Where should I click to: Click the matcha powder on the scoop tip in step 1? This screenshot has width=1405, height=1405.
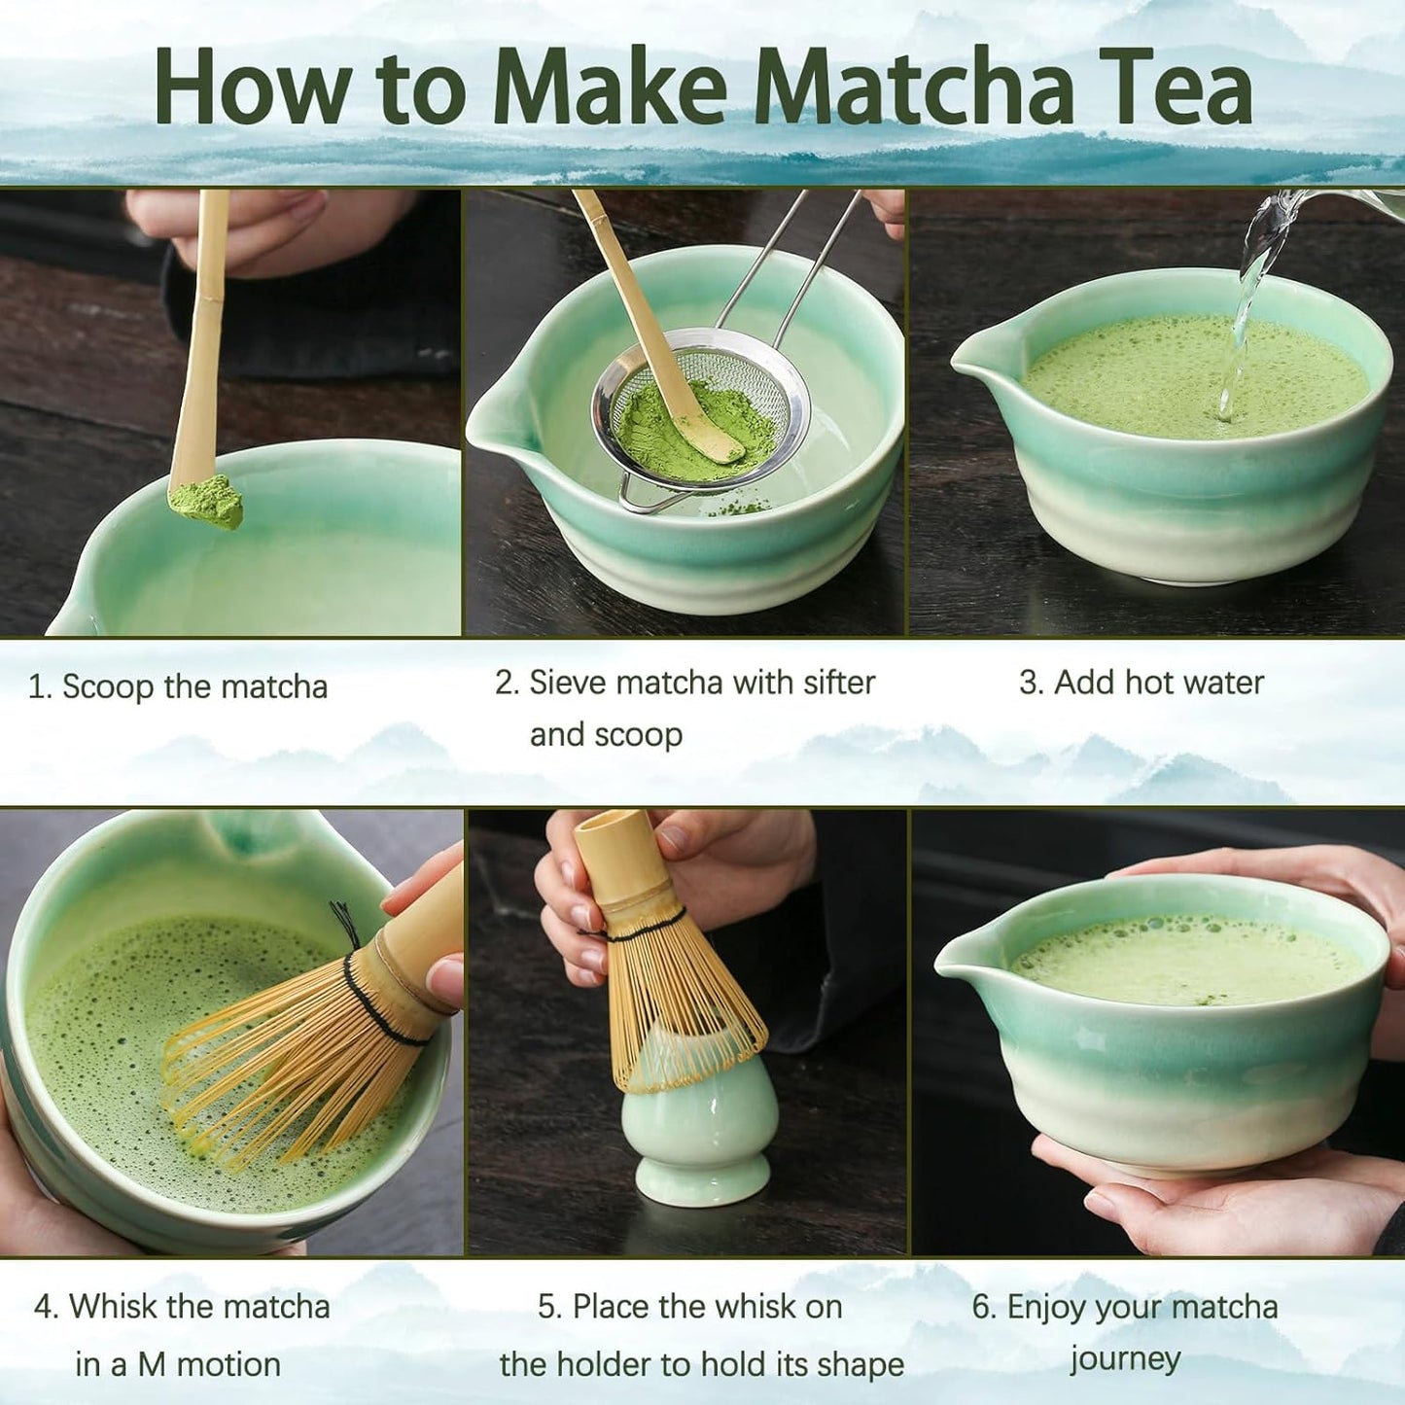coord(207,502)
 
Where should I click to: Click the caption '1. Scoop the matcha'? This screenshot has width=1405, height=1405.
coord(178,686)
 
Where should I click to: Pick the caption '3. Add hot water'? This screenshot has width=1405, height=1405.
coord(1141,683)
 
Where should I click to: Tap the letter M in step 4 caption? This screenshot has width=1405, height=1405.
coord(151,1364)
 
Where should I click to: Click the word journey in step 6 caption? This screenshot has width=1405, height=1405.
coord(1125,1358)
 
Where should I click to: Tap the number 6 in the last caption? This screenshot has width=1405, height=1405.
coord(984,1307)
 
